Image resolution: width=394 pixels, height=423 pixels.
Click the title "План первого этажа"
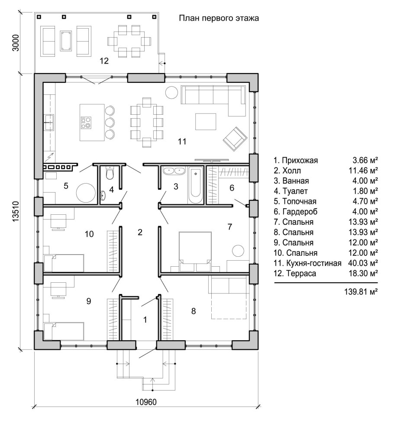click(219, 18)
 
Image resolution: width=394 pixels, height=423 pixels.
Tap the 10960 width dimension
click(146, 402)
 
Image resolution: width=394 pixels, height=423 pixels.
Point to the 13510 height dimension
click(16, 211)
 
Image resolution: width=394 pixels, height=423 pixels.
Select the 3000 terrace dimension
click(16, 42)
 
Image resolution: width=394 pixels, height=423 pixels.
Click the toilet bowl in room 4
click(110, 173)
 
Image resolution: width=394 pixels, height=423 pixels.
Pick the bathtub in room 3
click(195, 185)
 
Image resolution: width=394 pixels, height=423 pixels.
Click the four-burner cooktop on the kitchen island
click(86, 123)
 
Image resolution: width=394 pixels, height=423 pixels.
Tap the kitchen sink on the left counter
click(49, 122)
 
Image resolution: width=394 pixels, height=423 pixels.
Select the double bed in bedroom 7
click(195, 252)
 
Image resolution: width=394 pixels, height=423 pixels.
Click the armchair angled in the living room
click(235, 139)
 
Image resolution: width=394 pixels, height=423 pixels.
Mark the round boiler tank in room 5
click(86, 193)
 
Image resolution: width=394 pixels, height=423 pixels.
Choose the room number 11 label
click(182, 141)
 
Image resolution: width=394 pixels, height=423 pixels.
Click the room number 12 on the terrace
click(104, 61)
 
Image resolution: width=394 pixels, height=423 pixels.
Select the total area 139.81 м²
click(361, 292)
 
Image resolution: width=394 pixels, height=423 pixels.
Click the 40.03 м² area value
click(363, 263)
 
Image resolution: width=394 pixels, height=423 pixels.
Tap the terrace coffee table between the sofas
click(66, 41)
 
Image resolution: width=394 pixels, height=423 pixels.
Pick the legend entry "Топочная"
click(299, 201)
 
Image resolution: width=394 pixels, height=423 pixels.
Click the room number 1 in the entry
click(145, 320)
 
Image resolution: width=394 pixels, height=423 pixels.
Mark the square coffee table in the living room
click(206, 122)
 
